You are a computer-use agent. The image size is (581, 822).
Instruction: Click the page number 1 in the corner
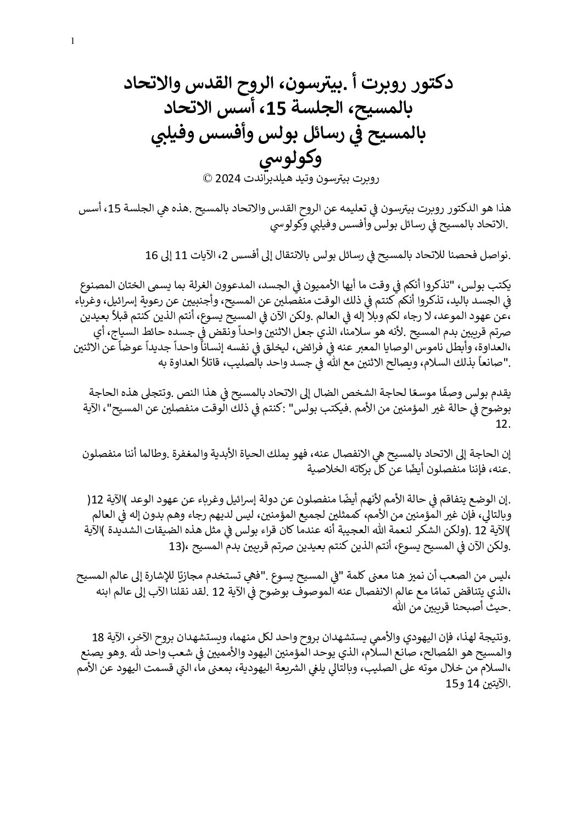[x=73, y=41]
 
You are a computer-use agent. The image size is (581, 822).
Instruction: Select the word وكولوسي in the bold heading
[x=290, y=159]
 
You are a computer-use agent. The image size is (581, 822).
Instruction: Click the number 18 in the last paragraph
[x=98, y=638]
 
